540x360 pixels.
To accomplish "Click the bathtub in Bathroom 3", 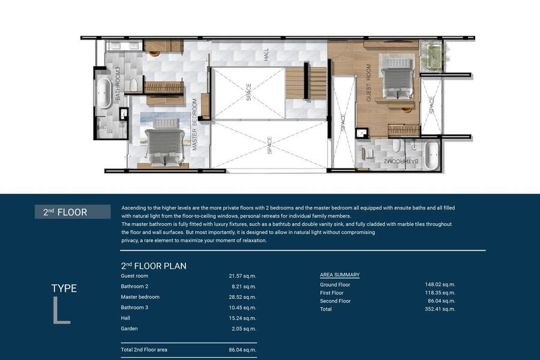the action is [x=104, y=93].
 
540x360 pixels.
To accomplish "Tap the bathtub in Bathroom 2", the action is [x=431, y=155].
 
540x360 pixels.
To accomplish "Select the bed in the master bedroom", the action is [x=164, y=143].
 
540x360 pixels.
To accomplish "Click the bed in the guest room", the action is [x=397, y=79].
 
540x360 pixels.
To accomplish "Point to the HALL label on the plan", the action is [x=266, y=55].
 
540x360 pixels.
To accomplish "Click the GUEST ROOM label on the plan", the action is [x=368, y=83].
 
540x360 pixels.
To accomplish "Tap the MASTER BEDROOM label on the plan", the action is [x=194, y=124].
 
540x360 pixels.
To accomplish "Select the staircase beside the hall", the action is [x=306, y=83].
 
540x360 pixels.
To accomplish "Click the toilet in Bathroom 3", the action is [x=133, y=84].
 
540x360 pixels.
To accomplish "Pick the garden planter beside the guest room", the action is [x=431, y=56].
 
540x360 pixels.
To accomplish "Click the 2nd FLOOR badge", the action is [x=73, y=212].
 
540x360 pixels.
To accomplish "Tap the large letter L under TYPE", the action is [x=62, y=310].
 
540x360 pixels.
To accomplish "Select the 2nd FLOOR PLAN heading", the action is [x=154, y=266].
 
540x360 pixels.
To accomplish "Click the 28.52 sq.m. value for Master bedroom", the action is [x=242, y=297].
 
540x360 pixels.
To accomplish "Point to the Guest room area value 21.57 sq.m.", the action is [x=242, y=276].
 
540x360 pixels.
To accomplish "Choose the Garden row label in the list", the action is [x=129, y=329].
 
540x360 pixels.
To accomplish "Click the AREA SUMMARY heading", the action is [x=340, y=275].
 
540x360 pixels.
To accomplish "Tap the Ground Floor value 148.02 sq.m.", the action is [x=440, y=284].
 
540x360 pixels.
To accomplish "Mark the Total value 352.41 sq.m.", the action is [x=440, y=309].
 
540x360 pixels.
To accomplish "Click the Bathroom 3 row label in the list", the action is [x=134, y=307].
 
